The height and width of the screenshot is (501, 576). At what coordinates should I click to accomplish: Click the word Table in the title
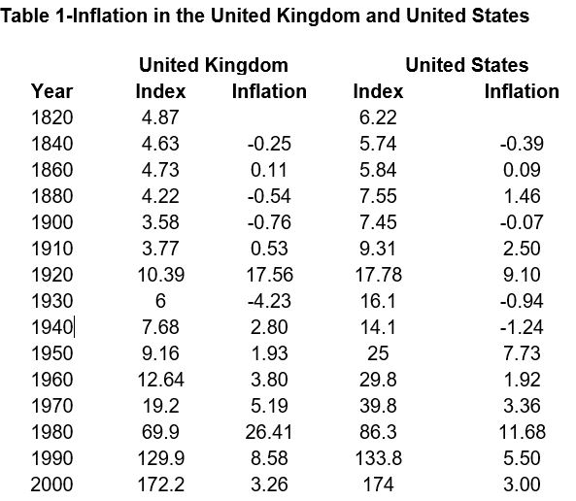(x=24, y=16)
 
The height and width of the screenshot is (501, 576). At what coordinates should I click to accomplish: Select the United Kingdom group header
(x=214, y=65)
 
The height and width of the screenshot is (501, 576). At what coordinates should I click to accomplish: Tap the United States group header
(x=467, y=65)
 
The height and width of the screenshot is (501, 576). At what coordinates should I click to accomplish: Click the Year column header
(x=51, y=91)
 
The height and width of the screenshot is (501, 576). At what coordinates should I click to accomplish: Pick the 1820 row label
(x=52, y=117)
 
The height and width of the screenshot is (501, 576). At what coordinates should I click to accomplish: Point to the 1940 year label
(x=52, y=327)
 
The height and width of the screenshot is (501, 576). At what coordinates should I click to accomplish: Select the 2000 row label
(x=51, y=484)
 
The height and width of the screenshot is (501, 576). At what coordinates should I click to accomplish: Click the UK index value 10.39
(x=161, y=275)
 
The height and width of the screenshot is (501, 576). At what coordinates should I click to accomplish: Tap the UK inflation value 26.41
(x=268, y=432)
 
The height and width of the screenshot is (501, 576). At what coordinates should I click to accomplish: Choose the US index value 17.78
(x=379, y=275)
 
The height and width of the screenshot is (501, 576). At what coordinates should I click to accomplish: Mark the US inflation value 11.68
(x=522, y=432)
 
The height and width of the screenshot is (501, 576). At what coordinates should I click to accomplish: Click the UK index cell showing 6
(x=160, y=301)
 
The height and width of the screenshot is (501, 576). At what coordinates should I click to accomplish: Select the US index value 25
(x=378, y=353)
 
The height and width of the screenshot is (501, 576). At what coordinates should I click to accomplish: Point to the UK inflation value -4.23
(x=269, y=301)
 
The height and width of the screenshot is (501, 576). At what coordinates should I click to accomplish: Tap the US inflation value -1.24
(x=522, y=327)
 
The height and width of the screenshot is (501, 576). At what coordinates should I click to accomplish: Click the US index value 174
(x=379, y=484)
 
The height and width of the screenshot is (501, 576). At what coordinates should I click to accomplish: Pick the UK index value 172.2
(x=161, y=484)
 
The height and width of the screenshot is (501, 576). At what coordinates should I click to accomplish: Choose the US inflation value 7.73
(x=522, y=353)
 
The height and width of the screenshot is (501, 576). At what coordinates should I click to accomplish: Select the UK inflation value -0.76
(x=269, y=222)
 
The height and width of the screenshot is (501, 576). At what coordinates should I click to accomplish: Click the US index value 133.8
(x=379, y=458)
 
